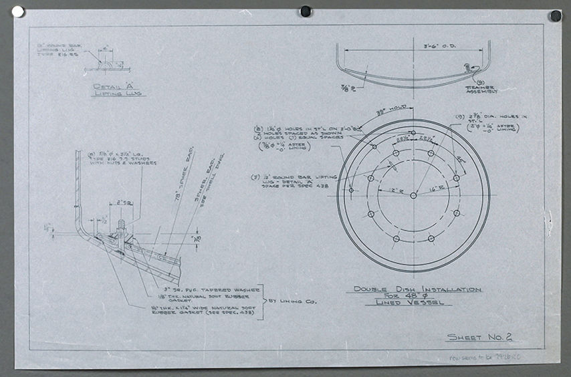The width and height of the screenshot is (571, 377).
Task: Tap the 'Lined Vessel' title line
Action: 417,302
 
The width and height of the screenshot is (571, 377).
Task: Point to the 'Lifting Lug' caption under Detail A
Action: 118,94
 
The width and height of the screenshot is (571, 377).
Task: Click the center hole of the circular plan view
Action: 413,195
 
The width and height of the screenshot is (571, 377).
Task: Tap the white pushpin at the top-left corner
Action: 18,11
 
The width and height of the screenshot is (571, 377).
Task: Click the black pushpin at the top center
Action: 306,11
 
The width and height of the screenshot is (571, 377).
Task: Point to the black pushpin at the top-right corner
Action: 556,15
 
